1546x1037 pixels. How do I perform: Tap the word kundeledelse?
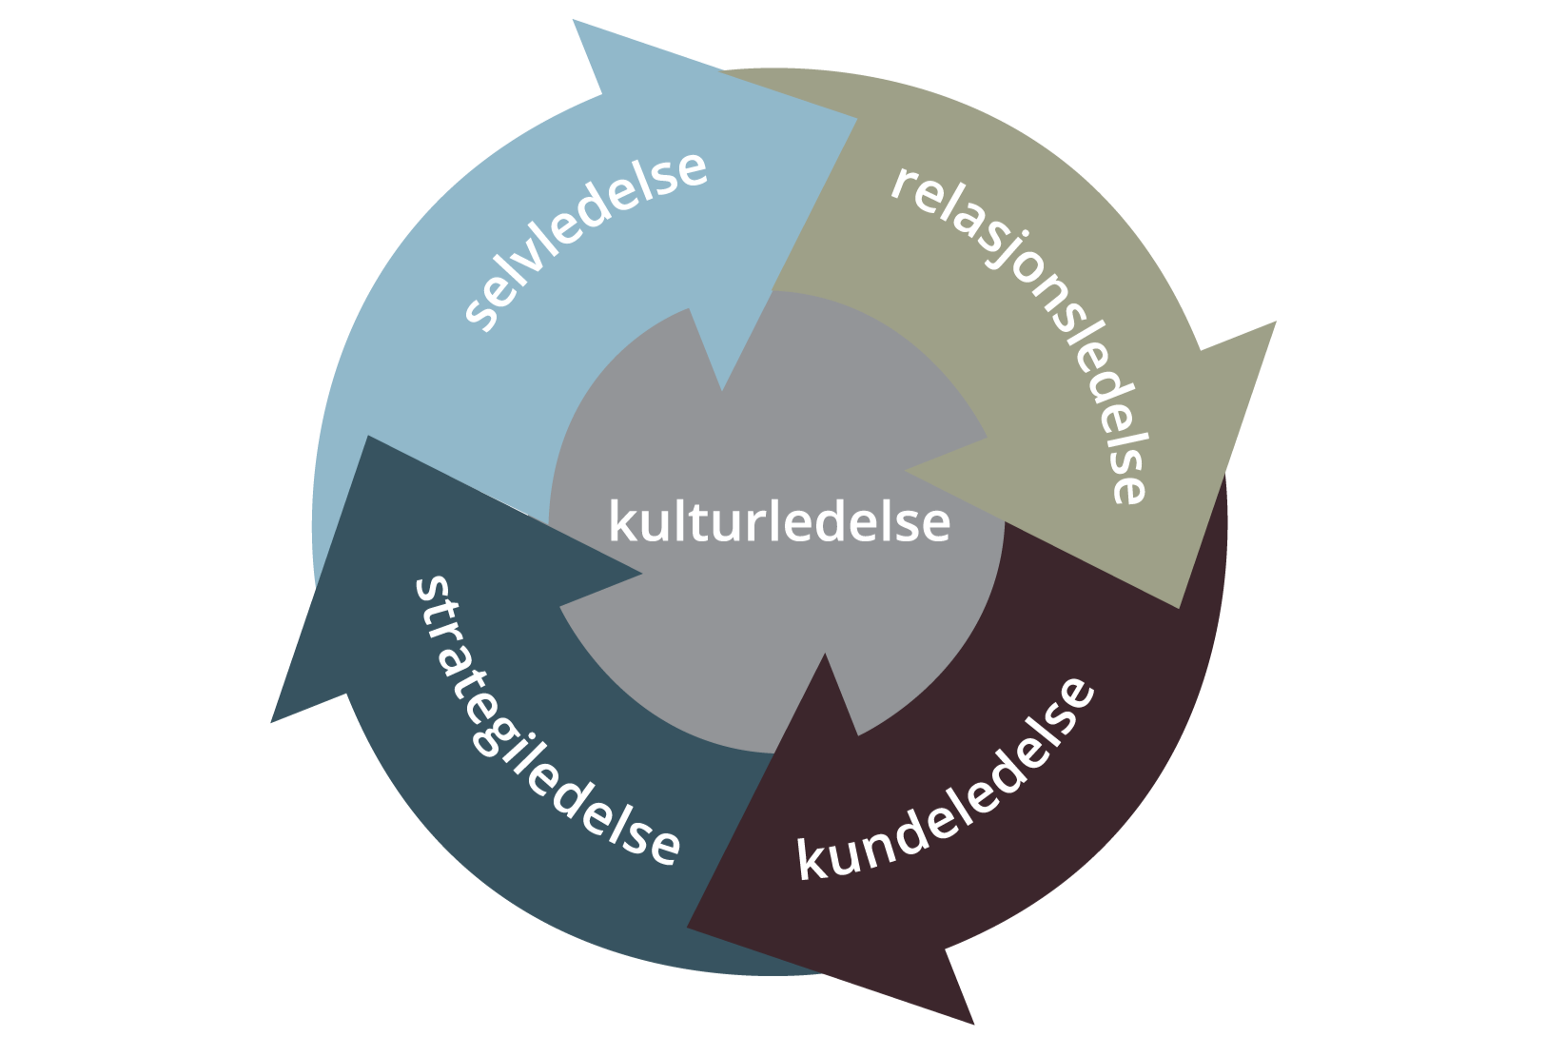pos(946,780)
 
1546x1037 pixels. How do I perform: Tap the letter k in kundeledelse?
pos(812,859)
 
